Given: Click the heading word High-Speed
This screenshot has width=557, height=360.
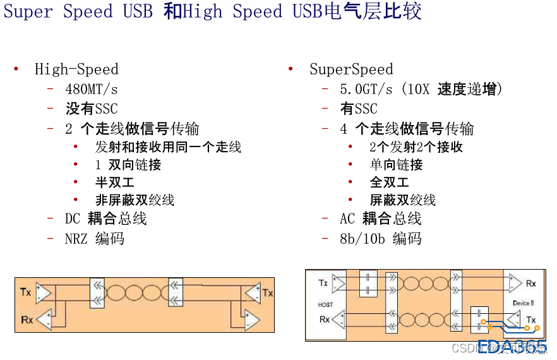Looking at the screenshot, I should pyautogui.click(x=76, y=69).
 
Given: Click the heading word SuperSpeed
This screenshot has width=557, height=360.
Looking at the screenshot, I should pyautogui.click(x=351, y=69).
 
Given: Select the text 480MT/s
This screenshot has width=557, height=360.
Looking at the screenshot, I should pyautogui.click(x=92, y=90).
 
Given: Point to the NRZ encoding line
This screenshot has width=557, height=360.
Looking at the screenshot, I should pyautogui.click(x=95, y=239).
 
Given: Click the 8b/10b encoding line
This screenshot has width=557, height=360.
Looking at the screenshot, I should pyautogui.click(x=380, y=239).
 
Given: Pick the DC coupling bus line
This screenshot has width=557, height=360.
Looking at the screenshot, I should pyautogui.click(x=105, y=219).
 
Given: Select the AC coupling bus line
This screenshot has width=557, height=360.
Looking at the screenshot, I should pyautogui.click(x=380, y=219).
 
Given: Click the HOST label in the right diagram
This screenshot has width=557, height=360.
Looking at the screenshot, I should pyautogui.click(x=325, y=304).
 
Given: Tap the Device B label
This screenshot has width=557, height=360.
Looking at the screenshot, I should pyautogui.click(x=523, y=303).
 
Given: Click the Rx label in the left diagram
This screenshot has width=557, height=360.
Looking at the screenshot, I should pyautogui.click(x=27, y=320).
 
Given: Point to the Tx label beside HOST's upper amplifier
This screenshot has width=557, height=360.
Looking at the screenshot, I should pyautogui.click(x=323, y=283).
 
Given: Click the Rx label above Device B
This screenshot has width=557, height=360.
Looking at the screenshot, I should pyautogui.click(x=530, y=284).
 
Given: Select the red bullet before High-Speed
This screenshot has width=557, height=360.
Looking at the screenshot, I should pyautogui.click(x=16, y=69).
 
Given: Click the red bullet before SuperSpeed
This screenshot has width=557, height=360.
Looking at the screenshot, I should pyautogui.click(x=290, y=69).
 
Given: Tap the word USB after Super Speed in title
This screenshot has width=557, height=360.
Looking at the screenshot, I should pyautogui.click(x=138, y=12).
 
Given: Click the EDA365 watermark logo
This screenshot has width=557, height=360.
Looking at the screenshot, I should pyautogui.click(x=512, y=346).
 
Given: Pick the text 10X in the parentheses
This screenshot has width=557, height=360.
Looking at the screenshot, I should pyautogui.click(x=418, y=90).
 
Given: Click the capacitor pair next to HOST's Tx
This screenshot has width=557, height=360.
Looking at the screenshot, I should pyautogui.click(x=368, y=284).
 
